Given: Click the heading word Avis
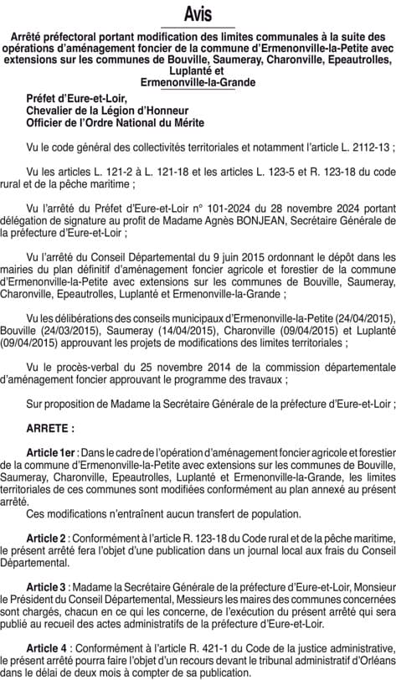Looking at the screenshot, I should click(198, 15).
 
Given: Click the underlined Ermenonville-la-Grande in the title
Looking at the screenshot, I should click(198, 83).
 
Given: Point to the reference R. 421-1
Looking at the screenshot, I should click(191, 647).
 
